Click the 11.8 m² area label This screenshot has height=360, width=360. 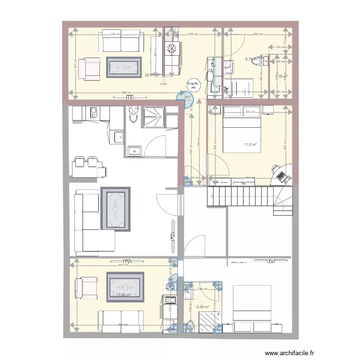pos(250,144)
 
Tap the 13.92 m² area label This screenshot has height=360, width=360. pos(124,295)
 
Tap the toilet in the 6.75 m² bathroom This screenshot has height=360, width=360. pos(260,61)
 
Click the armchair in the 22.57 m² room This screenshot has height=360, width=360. pos(88,68)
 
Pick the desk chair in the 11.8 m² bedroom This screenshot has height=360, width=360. pos(276,169)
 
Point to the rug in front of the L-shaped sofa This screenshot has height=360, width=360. pos(116,209)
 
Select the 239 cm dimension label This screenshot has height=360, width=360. pos(193,34)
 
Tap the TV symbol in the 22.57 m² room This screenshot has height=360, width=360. pos(130,97)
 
